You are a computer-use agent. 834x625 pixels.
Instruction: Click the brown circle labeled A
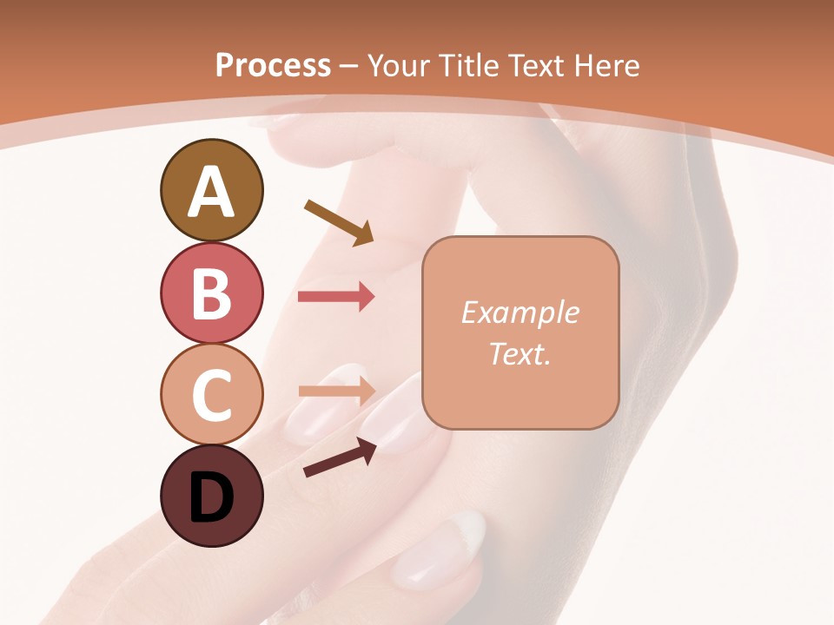tap(211, 191)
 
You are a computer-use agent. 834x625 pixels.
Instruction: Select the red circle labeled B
tap(211, 293)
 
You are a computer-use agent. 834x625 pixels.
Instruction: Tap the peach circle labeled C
tap(211, 394)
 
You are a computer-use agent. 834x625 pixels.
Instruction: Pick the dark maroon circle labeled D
tap(211, 496)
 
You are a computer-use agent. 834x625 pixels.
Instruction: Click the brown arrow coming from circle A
tap(338, 222)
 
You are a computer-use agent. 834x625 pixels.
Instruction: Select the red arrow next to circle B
tap(336, 297)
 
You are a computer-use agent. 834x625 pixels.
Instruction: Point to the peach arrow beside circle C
tap(336, 391)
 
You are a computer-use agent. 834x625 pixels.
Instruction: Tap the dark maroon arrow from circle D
tap(340, 458)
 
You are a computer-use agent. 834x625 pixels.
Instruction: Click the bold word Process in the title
tap(273, 65)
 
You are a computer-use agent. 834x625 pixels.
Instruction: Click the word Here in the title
tap(610, 65)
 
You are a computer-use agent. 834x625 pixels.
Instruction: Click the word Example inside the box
tap(520, 312)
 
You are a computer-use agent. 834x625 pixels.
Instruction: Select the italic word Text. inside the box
tap(520, 353)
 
